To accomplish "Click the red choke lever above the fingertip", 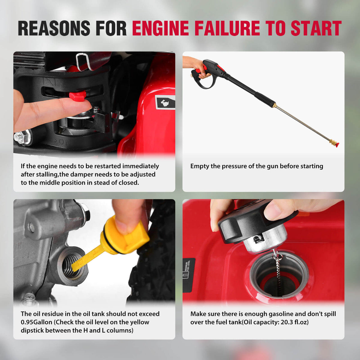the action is pyautogui.click(x=77, y=94).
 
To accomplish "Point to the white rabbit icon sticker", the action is pyautogui.click(x=165, y=103).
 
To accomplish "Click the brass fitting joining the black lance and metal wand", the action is pyautogui.click(x=274, y=105).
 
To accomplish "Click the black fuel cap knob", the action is pyautogui.click(x=257, y=220).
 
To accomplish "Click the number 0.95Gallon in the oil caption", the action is pyautogui.click(x=37, y=322).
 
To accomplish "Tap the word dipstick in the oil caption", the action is pyautogui.click(x=32, y=331).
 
